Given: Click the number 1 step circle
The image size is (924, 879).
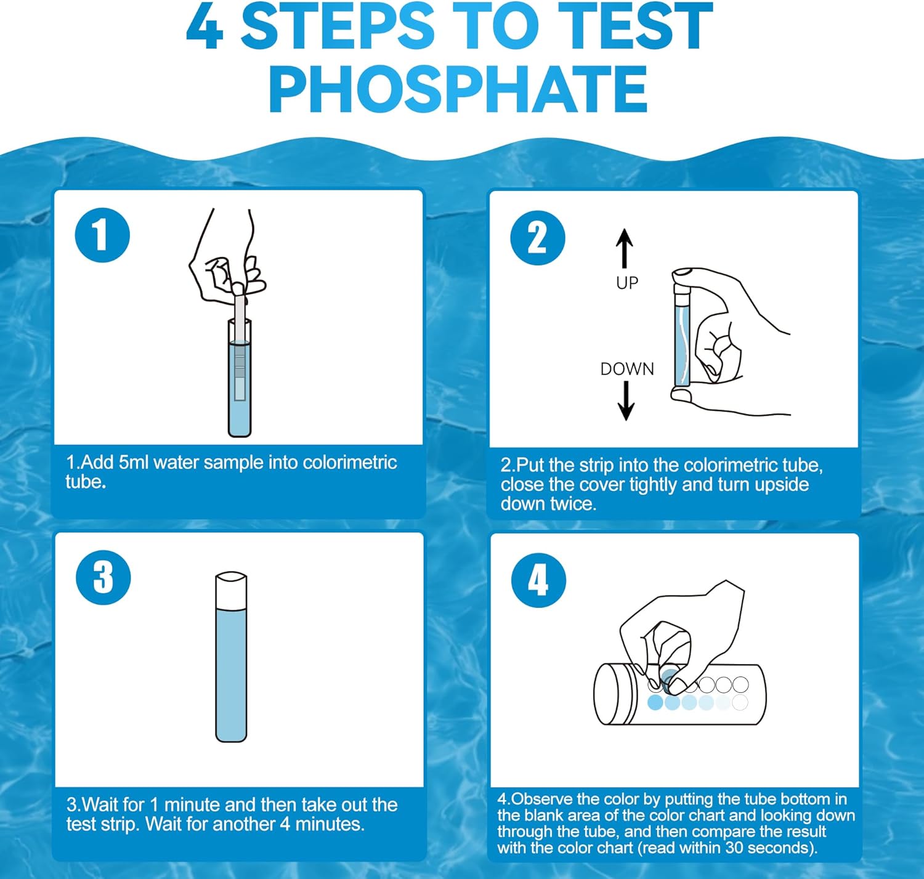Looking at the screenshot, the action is pos(102,235).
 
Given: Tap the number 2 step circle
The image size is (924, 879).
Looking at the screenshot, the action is pos(538,238).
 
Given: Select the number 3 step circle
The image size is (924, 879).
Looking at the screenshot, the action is pos(103,577).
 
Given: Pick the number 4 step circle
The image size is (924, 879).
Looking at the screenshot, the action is pos(538,580).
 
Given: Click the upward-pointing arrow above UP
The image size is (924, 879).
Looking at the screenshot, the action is pos(625,248).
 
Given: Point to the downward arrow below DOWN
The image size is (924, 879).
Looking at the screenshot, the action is pos(626,400).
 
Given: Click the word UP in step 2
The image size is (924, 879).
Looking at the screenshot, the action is pos(627,283).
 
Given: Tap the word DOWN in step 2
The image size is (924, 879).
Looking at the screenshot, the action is pos(627,369).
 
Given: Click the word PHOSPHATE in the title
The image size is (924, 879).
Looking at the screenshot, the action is pos(458,89).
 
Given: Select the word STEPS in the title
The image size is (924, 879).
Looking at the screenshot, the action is pos(338,26).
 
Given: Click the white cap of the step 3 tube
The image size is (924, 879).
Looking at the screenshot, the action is pos(231,590).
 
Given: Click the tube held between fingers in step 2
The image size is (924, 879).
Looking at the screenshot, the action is pos(682,334).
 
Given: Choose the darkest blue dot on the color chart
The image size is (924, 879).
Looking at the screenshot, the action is pos(655,702).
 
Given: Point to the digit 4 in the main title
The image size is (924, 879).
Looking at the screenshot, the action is pos(205,26).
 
